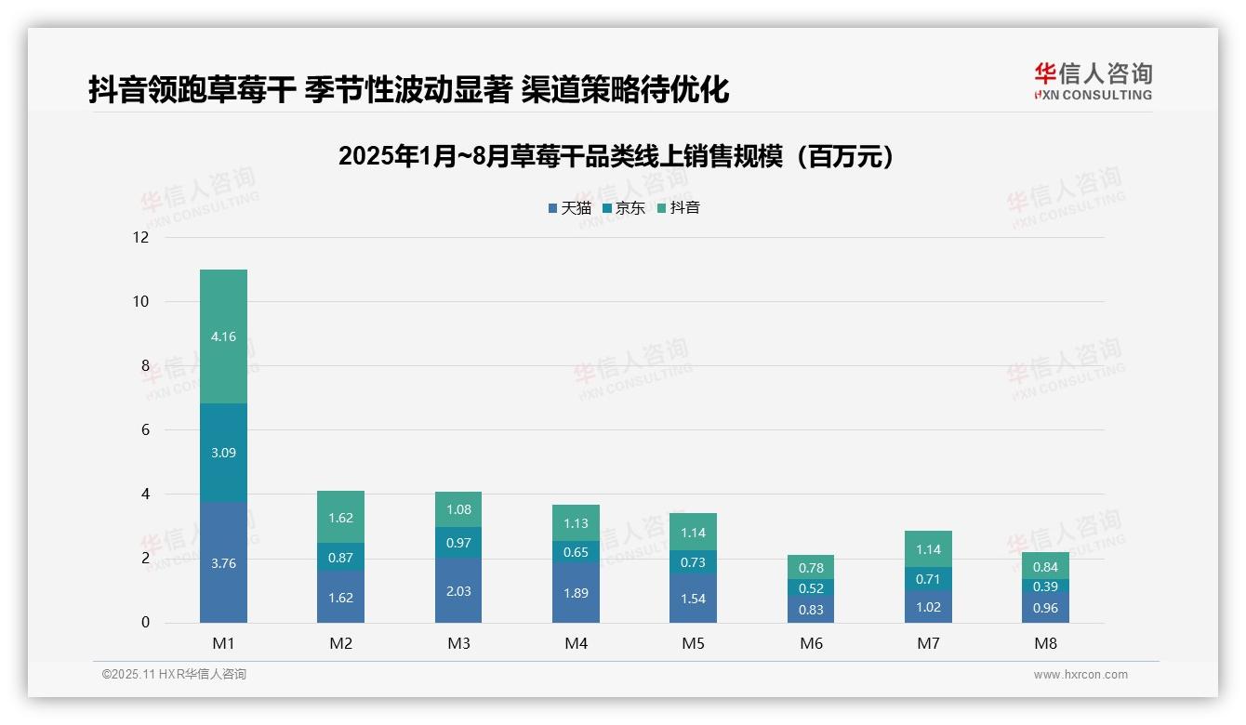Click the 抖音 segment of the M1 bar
coord(223,336)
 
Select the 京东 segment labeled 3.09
coord(223,453)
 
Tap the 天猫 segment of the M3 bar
coord(458,591)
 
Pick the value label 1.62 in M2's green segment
coord(340,518)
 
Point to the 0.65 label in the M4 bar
coord(576,552)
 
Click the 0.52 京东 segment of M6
coord(811,588)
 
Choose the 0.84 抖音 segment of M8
coord(1046,567)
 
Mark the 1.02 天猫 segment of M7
coord(928,607)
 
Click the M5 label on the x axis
coord(693,643)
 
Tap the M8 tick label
coord(1046,643)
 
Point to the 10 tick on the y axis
coord(141,301)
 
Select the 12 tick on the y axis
coord(141,237)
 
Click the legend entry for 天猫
coord(570,208)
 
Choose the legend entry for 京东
coord(624,208)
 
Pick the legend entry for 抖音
coord(678,208)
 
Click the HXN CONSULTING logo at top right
coord(1093,82)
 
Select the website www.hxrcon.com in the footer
coord(1080,675)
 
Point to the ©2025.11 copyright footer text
coord(174,675)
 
